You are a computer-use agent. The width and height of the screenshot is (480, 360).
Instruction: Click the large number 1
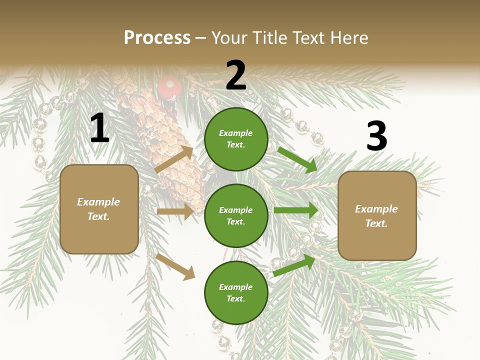pyautogui.click(x=99, y=128)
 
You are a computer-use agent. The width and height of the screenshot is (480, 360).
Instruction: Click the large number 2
pyautogui.click(x=236, y=75)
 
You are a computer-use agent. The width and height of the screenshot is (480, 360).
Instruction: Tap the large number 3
pyautogui.click(x=376, y=136)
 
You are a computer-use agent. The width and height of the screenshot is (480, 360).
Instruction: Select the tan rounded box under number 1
pyautogui.click(x=99, y=209)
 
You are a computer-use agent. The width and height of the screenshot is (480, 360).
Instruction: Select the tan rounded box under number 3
pyautogui.click(x=377, y=216)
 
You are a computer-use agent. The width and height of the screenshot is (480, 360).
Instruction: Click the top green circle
pyautogui.click(x=236, y=139)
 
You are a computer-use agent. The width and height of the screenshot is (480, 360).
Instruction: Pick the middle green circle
pyautogui.click(x=236, y=215)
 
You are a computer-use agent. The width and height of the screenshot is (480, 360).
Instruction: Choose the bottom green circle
pyautogui.click(x=236, y=292)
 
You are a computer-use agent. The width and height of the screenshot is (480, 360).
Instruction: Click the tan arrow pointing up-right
pyautogui.click(x=174, y=160)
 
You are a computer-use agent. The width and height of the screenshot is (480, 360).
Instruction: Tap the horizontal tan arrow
pyautogui.click(x=175, y=211)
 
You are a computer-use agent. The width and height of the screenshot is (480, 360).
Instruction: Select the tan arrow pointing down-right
pyautogui.click(x=175, y=266)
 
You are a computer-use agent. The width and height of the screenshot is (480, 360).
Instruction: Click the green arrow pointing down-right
pyautogui.click(x=297, y=159)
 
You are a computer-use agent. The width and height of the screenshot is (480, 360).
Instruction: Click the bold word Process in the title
pyautogui.click(x=157, y=37)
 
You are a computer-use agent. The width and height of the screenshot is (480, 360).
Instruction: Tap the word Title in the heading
pyautogui.click(x=270, y=37)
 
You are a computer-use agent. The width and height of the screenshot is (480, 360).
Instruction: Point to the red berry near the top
pyautogui.click(x=169, y=87)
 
